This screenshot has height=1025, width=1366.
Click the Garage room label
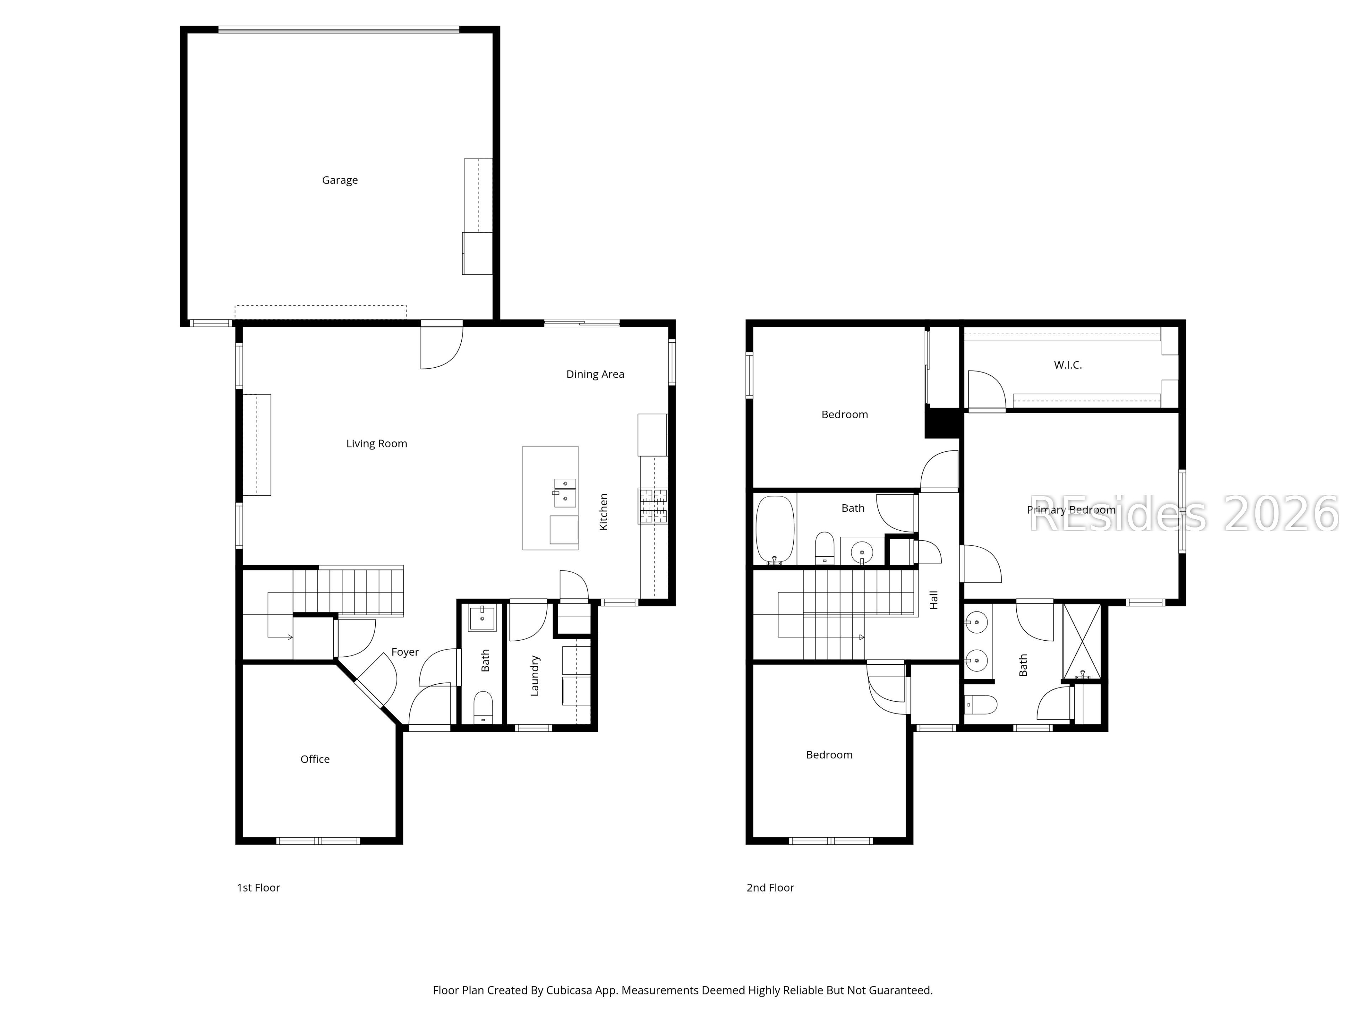pos(340,180)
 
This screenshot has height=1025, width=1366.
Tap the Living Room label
pos(377,443)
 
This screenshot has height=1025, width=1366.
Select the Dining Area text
pos(595,374)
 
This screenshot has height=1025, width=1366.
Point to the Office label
pos(315,759)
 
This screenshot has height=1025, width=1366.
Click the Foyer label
pos(405,652)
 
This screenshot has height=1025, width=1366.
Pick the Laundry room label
pos(535,676)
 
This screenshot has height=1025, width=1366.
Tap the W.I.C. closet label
pos(1068,365)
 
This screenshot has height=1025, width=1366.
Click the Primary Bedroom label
pos(1071,510)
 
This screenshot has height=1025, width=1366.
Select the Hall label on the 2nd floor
pos(934,600)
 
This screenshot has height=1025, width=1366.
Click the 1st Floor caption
pos(259,888)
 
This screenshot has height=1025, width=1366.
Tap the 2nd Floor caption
pos(770,888)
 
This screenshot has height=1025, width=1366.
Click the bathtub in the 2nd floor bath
pos(775,530)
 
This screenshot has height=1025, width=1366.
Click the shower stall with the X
pos(1081,642)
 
